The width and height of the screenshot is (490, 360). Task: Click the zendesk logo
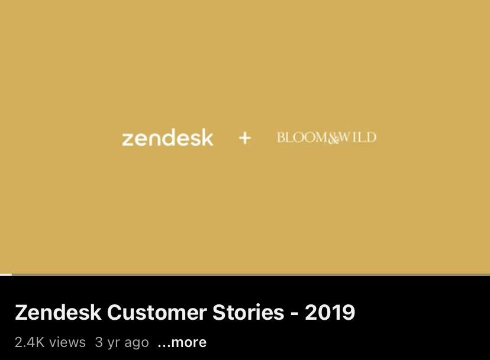[167, 137]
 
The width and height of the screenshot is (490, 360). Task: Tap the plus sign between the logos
[244, 138]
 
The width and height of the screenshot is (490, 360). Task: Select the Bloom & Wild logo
[326, 137]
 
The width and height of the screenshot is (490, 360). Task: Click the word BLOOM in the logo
[302, 137]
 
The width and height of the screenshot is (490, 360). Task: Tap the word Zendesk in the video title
[58, 312]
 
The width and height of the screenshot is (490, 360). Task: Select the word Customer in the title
[157, 312]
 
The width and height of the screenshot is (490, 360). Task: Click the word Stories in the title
[248, 312]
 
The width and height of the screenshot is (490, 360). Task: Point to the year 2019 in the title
[330, 312]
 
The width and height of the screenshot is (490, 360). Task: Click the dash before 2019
[294, 314]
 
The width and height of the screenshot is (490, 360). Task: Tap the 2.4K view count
[30, 342]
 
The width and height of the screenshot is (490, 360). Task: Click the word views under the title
[67, 342]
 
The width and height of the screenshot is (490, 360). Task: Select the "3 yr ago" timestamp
[122, 342]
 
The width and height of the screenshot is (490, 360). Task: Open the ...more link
[182, 342]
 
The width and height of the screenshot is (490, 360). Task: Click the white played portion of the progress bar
[6, 275]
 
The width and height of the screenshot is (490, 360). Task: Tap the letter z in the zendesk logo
[128, 140]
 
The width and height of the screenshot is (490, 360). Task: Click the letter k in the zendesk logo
[207, 137]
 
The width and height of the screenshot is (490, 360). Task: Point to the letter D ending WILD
[370, 137]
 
